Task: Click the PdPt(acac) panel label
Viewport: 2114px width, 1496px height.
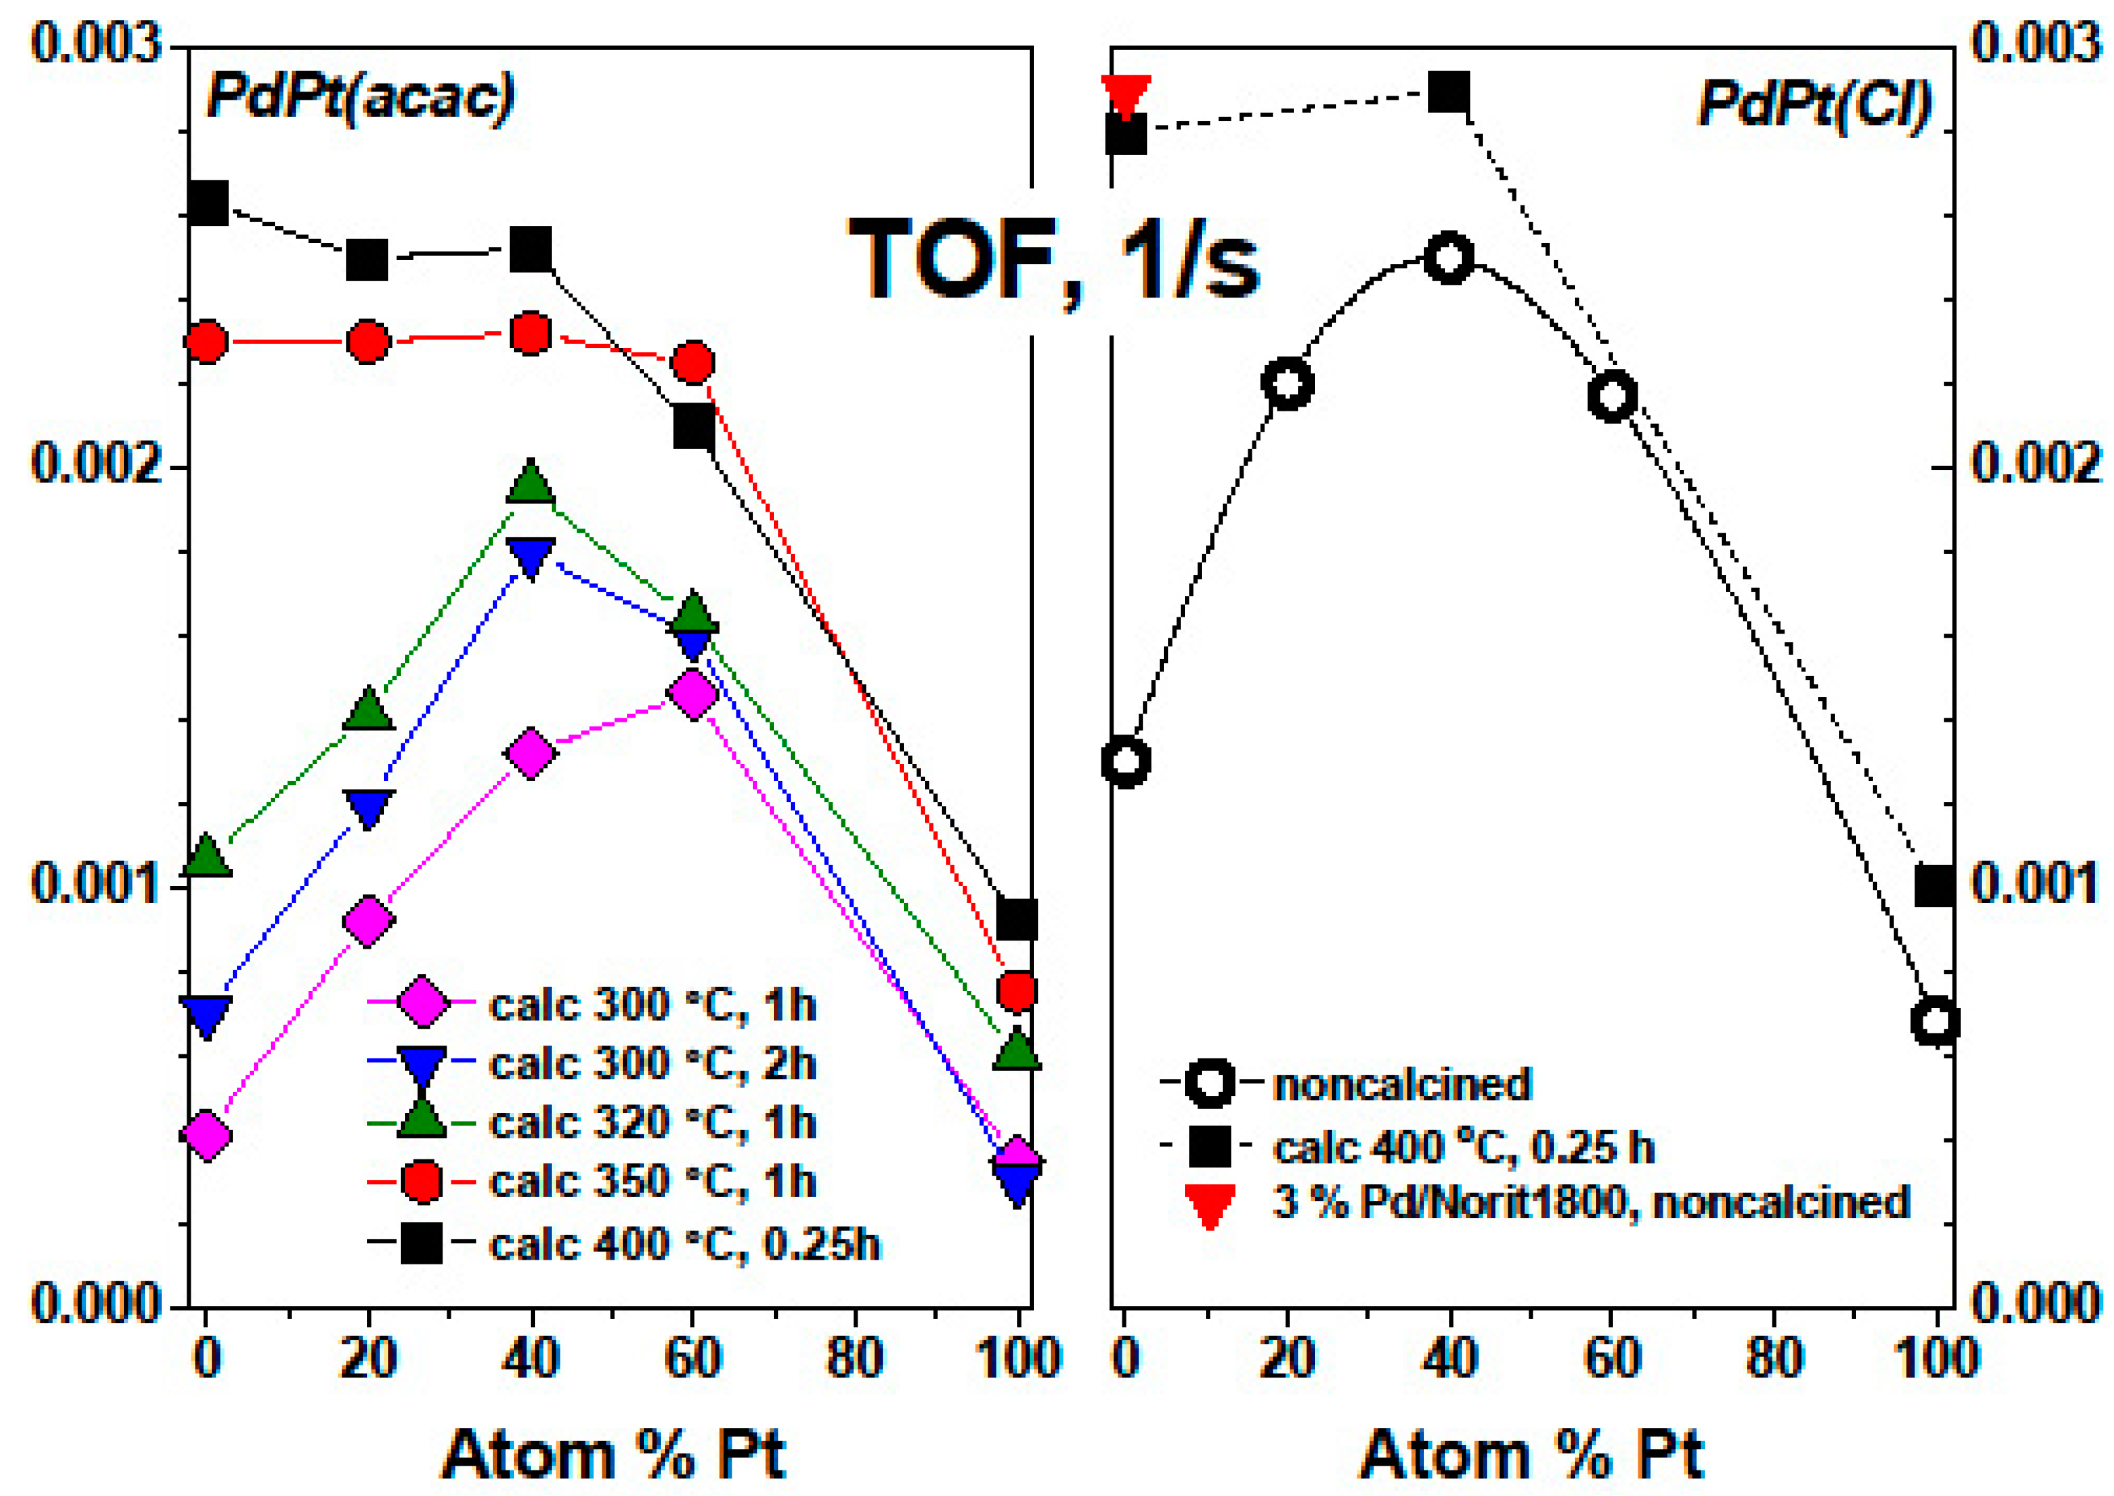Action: pyautogui.click(x=360, y=96)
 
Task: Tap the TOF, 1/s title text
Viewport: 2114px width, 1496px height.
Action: pyautogui.click(x=1054, y=261)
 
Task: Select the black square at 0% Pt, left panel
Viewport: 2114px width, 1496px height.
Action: pyautogui.click(x=207, y=203)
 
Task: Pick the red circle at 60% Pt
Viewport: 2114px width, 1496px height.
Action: pyautogui.click(x=693, y=362)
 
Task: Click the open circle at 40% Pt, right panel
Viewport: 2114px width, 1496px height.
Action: pyautogui.click(x=1448, y=257)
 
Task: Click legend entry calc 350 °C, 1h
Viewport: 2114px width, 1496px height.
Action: pyautogui.click(x=651, y=1182)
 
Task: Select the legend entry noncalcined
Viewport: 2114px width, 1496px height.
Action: pyautogui.click(x=1401, y=1084)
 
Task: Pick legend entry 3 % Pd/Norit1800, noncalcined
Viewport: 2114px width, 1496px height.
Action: pyautogui.click(x=1590, y=1202)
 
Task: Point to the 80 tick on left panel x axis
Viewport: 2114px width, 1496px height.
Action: pyautogui.click(x=854, y=1358)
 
